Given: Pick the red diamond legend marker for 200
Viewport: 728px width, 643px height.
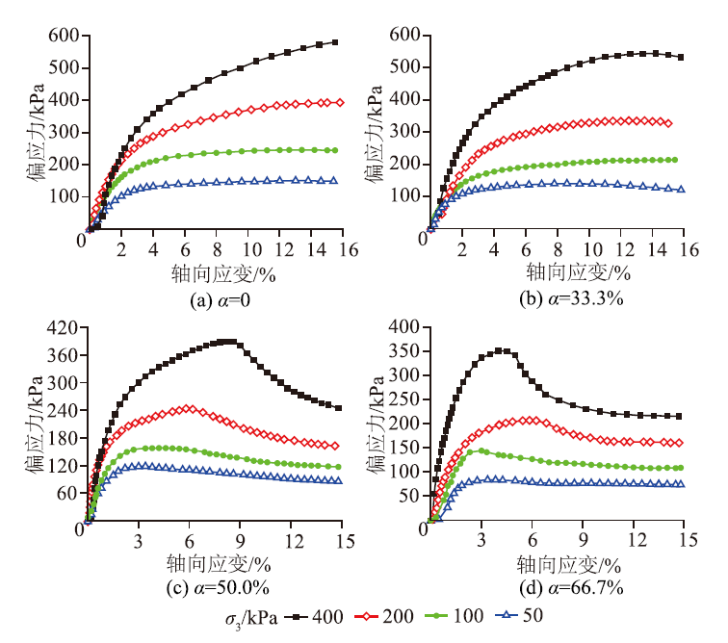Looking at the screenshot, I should [x=364, y=615].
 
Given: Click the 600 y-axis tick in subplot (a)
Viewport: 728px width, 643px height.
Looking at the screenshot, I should [x=63, y=36].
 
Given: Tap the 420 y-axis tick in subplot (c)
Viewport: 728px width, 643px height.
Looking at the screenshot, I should [x=63, y=328].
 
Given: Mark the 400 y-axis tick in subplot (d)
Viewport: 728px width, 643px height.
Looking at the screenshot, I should [x=403, y=328].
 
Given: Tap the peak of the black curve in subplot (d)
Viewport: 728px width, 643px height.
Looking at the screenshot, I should [x=499, y=350].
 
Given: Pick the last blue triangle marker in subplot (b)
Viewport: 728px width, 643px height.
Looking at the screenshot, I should [x=681, y=189].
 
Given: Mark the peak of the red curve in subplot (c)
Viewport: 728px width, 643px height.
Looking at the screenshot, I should [x=189, y=408].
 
